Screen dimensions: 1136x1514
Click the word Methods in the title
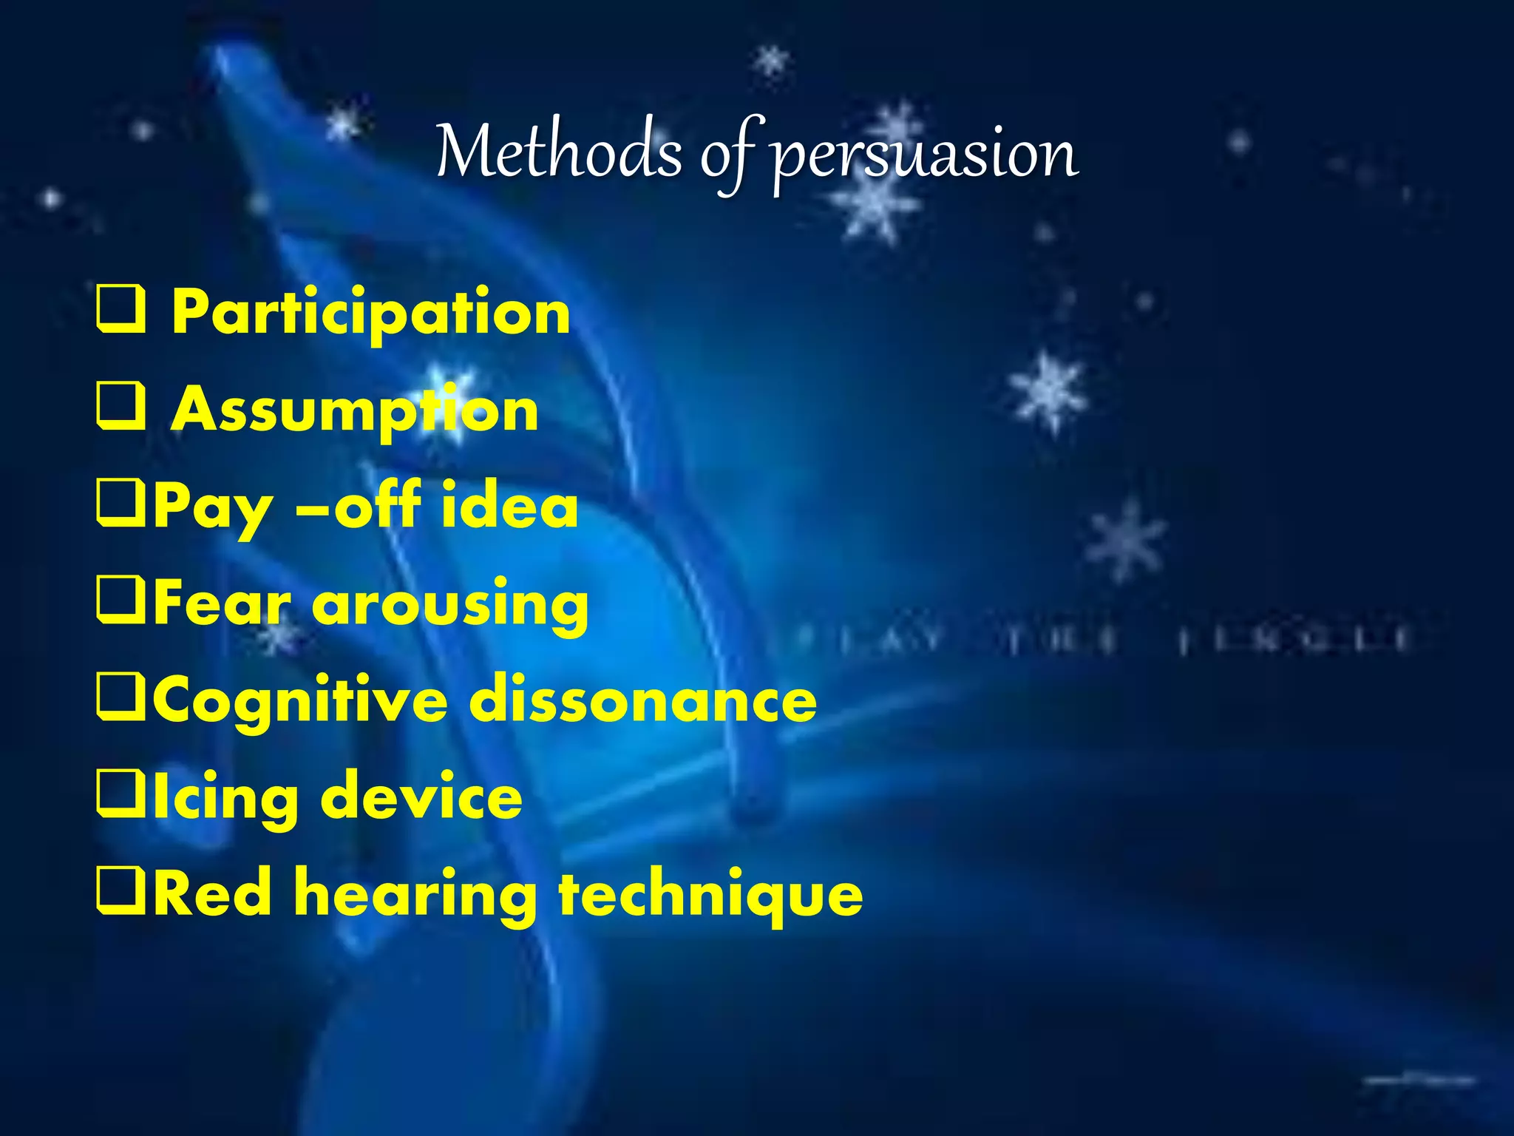click(x=559, y=152)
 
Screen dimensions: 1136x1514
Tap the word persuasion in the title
click(x=924, y=155)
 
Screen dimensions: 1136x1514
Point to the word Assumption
click(x=355, y=411)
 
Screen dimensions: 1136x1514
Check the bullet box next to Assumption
click(x=120, y=408)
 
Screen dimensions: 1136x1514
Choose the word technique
click(x=710, y=895)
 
